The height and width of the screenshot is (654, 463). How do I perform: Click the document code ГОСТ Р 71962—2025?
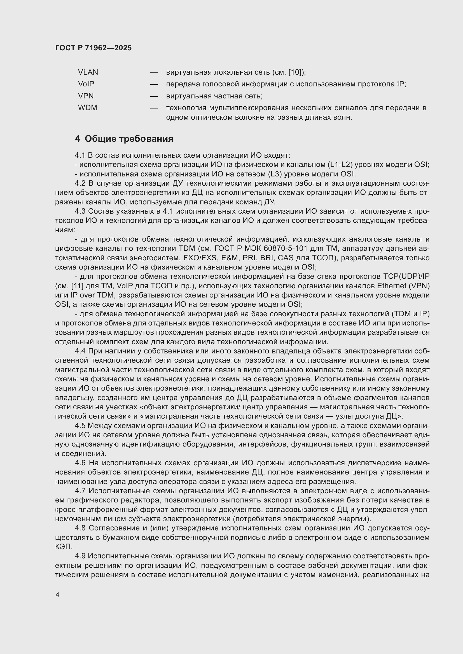(93, 48)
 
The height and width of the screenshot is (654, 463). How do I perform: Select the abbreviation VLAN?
(88, 72)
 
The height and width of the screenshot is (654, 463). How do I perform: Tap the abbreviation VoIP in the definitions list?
(86, 84)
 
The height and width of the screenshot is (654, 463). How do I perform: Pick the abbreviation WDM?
(88, 108)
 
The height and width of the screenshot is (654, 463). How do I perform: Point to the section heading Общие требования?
(129, 139)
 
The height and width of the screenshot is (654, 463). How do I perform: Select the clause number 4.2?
(80, 183)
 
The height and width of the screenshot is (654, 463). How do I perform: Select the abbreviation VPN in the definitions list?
(86, 96)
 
